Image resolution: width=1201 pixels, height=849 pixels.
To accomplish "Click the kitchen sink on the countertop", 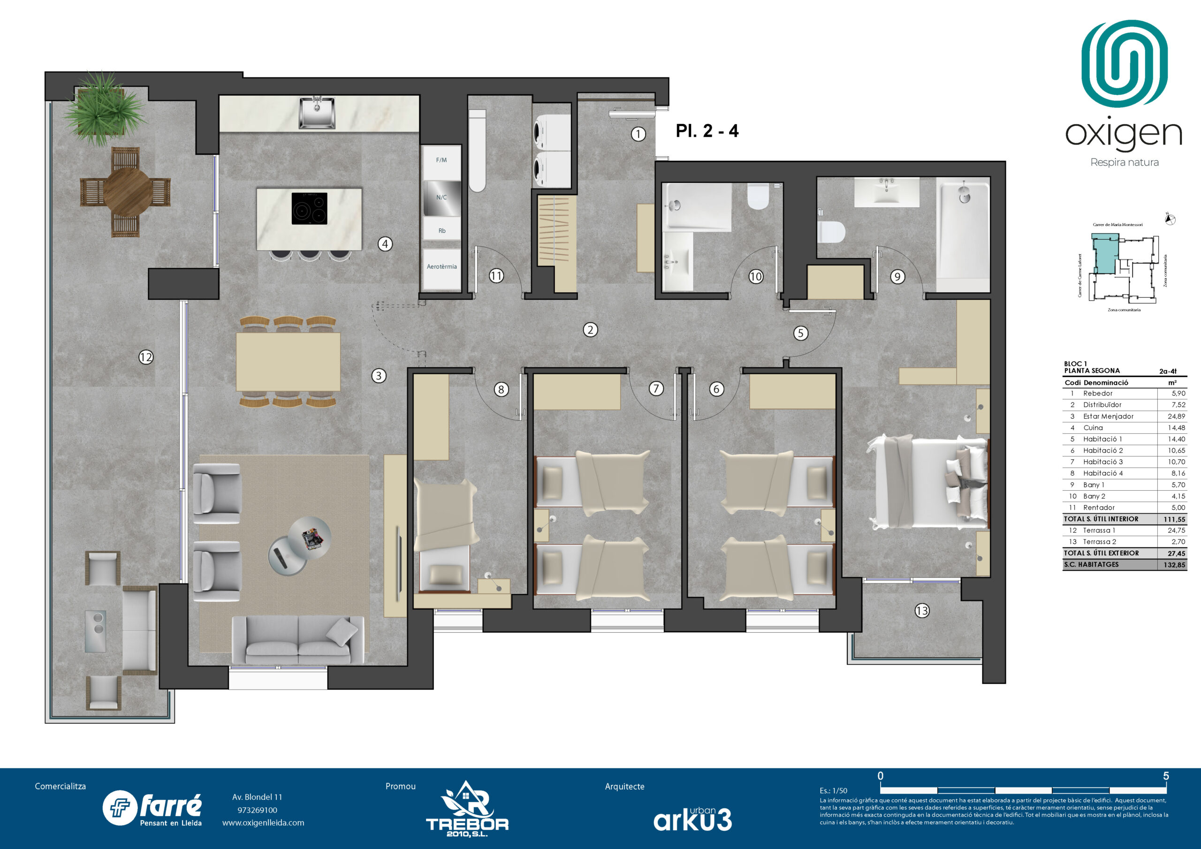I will pyautogui.click(x=317, y=113).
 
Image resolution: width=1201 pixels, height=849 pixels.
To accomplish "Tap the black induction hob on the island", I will pyautogui.click(x=309, y=208).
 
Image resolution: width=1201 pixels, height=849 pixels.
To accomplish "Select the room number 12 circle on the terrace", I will pyautogui.click(x=146, y=357).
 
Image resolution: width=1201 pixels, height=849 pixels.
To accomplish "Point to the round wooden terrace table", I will pyautogui.click(x=126, y=191).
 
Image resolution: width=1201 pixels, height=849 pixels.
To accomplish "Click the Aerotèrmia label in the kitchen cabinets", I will pyautogui.click(x=441, y=267).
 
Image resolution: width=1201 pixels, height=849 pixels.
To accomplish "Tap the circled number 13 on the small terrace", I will pyautogui.click(x=922, y=610).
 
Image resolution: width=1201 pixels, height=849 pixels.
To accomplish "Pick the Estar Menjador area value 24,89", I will pyautogui.click(x=1176, y=417).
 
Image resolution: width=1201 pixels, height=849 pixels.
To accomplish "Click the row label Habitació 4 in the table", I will pyautogui.click(x=1102, y=473).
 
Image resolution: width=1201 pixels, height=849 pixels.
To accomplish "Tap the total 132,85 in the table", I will pyautogui.click(x=1174, y=565).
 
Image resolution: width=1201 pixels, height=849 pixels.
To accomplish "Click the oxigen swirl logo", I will pyautogui.click(x=1124, y=63).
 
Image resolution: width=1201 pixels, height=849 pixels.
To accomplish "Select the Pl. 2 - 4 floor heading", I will pyautogui.click(x=707, y=131).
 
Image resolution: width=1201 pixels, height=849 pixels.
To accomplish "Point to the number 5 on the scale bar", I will pyautogui.click(x=1165, y=776).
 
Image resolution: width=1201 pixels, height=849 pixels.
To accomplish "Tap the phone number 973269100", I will pyautogui.click(x=257, y=810).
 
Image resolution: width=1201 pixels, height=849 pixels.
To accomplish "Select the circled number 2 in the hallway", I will pyautogui.click(x=590, y=330).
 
